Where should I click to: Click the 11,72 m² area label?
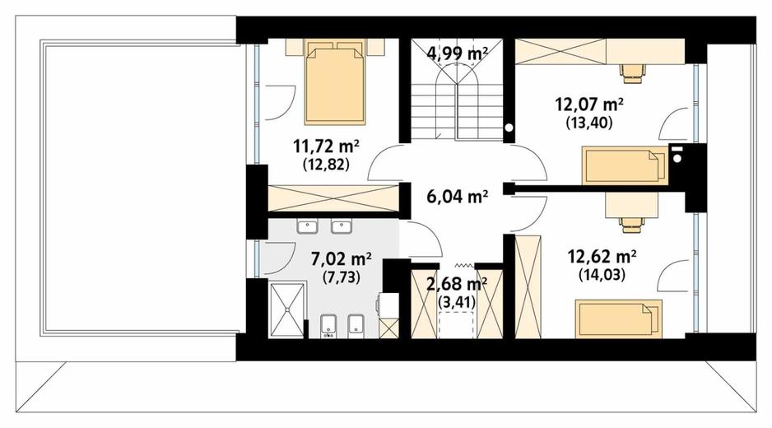pos(326,147)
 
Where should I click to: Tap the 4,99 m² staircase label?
pos(458,53)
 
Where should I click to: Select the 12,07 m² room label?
pos(589,105)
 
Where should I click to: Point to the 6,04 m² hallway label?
pos(458,197)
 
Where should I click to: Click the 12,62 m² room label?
pos(602,257)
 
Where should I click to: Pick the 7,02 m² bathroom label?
pos(342,258)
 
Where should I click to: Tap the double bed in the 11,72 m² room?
pos(335,82)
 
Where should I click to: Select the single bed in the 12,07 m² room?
pos(625,165)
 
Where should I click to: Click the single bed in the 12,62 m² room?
pos(618,319)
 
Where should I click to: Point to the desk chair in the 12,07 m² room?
pos(633,72)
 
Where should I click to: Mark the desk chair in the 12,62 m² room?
pos(633,225)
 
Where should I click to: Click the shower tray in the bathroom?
pos(287,309)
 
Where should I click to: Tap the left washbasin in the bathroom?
pos(308,226)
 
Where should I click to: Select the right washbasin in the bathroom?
pos(342,226)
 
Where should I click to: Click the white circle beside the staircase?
pos(509,128)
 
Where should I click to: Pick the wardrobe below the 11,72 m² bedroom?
pos(333,198)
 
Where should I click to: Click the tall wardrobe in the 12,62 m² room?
pos(528,287)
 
